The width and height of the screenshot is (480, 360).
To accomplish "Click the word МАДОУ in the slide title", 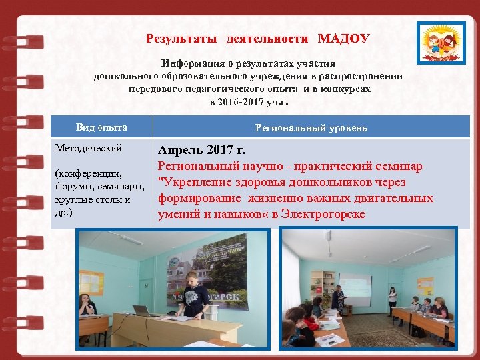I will [343, 39].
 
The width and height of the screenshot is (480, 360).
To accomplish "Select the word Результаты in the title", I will [181, 39].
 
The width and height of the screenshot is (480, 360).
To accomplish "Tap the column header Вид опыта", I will [101, 127].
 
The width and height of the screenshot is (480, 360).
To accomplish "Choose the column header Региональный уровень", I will [311, 128].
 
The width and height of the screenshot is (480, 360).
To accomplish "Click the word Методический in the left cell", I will [83, 148].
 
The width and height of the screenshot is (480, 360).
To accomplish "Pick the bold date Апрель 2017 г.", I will [201, 149].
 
